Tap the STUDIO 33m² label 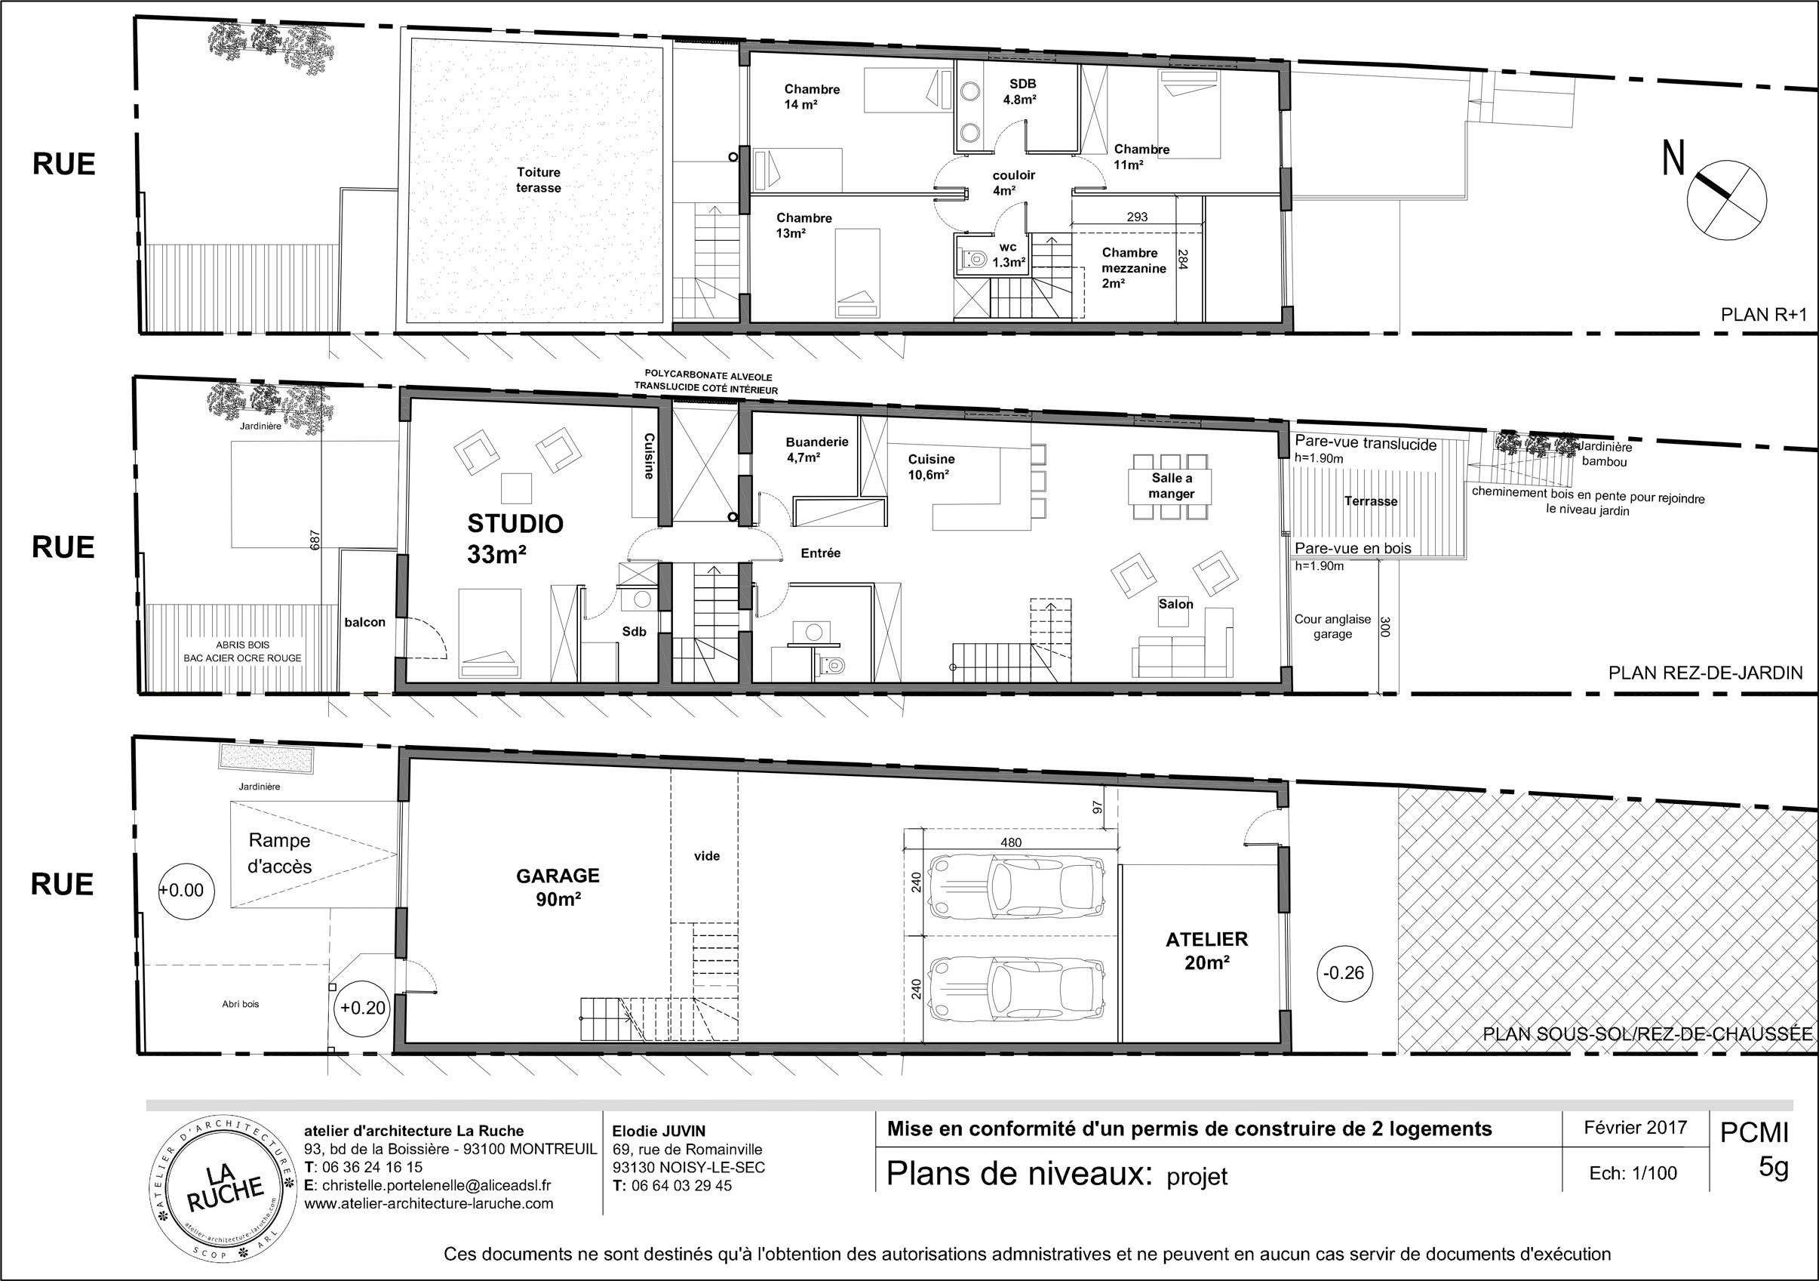click(515, 539)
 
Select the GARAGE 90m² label click(558, 887)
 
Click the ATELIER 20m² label click(1206, 950)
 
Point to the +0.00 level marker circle click(186, 890)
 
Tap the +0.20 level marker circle click(362, 1008)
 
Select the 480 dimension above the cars click(1011, 842)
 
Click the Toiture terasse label click(539, 180)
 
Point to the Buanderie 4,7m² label click(817, 449)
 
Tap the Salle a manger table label click(1171, 486)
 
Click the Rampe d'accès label click(280, 853)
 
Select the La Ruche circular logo click(225, 1189)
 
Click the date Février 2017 click(1636, 1127)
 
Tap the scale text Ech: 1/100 click(1633, 1173)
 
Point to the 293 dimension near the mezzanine click(1137, 217)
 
